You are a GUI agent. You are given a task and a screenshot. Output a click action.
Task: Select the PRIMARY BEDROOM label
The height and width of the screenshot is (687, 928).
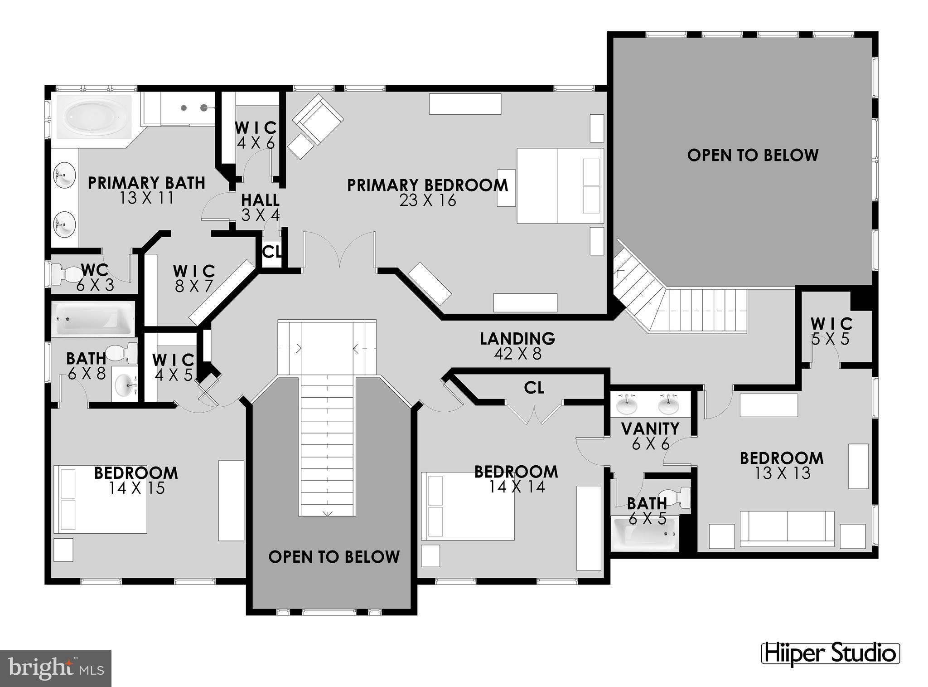427,185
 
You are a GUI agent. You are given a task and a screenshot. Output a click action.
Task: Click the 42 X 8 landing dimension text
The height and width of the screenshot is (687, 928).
517,354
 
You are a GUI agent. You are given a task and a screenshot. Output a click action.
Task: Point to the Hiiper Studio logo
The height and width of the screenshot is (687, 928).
830,653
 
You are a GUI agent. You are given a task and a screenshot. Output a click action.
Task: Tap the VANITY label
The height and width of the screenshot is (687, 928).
650,428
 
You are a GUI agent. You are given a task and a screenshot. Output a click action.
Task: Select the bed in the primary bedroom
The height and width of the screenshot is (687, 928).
560,185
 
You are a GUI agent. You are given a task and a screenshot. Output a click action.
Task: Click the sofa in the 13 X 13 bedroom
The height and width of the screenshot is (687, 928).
787,529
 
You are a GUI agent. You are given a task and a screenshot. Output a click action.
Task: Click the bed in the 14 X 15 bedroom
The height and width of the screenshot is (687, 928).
100,499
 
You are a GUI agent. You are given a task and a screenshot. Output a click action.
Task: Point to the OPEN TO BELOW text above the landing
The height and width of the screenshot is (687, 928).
753,155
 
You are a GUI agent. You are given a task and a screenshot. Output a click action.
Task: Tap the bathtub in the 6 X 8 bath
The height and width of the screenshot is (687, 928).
93,318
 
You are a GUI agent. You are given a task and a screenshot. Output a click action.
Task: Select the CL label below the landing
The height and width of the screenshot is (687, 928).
534,388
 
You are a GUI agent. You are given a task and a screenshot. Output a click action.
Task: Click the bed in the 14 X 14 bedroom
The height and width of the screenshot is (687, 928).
467,506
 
